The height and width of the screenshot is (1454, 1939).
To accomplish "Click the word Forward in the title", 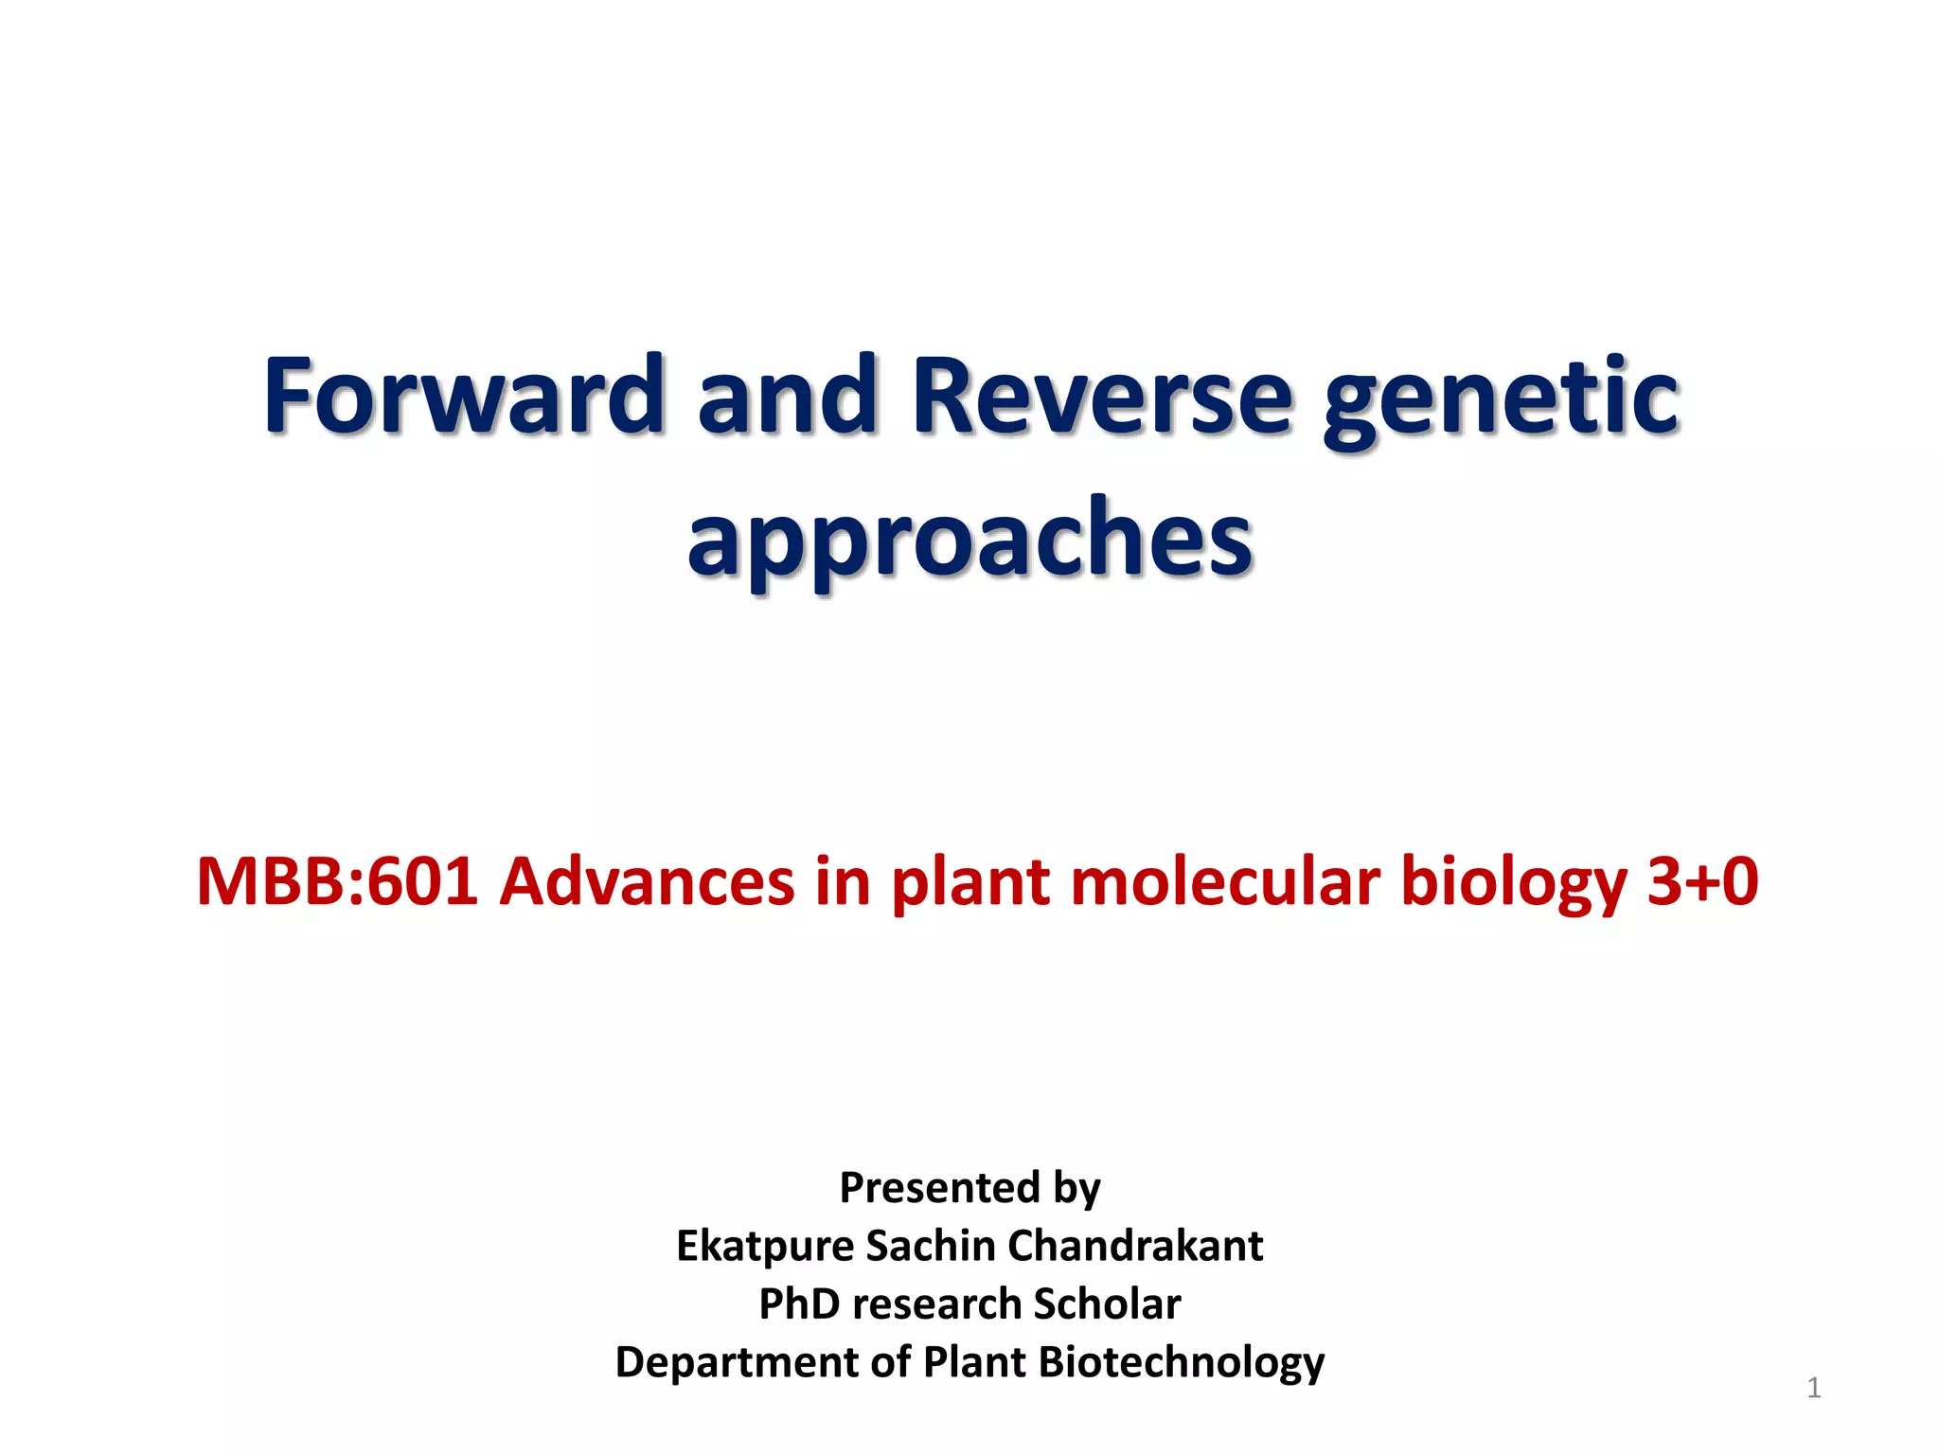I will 463,396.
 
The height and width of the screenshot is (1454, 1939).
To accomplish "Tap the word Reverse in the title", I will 1101,396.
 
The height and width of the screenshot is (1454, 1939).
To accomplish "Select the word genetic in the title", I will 1501,402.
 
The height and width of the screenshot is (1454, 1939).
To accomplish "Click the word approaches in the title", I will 969,541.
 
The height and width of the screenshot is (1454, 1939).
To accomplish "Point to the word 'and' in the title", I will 787,396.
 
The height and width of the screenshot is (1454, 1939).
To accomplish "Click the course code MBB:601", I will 337,881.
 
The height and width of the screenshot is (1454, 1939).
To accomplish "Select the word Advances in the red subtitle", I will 647,881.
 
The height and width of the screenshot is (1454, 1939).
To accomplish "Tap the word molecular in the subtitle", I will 1225,881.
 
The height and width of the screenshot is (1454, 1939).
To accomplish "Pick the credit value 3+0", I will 1702,881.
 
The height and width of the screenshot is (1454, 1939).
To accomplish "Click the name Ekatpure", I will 764,1247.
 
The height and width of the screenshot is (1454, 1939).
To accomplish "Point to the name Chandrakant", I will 1135,1245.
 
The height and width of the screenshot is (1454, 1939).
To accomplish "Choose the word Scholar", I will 1107,1303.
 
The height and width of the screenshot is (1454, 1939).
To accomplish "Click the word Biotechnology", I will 1181,1363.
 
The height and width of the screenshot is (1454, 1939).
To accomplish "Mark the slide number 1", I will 1813,1388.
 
